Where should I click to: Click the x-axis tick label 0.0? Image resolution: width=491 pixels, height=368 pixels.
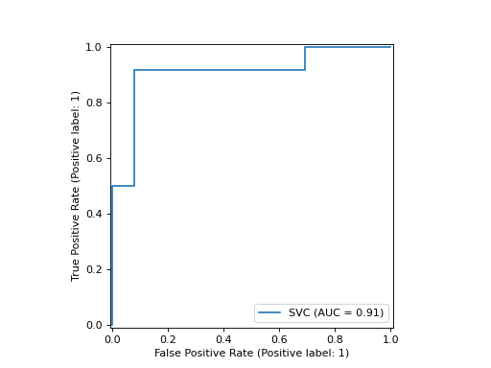pos(112,339)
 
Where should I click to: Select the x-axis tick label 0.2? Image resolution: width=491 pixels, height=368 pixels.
pos(168,339)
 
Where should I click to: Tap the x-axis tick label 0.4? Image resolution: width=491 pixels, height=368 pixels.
pos(223,339)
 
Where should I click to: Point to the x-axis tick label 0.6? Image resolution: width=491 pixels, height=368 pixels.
pos(279,339)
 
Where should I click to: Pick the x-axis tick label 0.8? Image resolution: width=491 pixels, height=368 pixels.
pos(335,339)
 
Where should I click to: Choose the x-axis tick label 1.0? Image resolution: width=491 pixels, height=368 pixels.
pos(390,339)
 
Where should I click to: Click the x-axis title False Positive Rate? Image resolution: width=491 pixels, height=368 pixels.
pos(251,353)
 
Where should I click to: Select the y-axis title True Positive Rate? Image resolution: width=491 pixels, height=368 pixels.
pos(76,185)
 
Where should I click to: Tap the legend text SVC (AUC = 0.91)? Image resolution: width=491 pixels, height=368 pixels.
pos(336,312)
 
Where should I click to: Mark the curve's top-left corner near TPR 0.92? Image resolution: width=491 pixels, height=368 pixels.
pos(134,70)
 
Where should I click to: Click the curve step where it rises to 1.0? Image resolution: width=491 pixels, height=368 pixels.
pos(305,47)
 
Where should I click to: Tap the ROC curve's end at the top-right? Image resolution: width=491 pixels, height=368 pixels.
pos(390,47)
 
